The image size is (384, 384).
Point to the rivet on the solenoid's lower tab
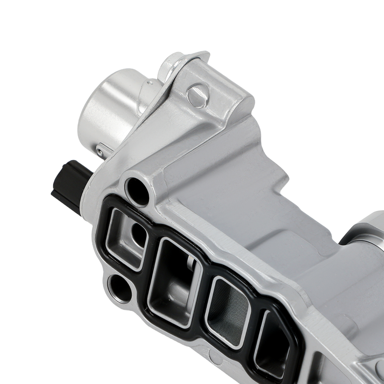(100, 151)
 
